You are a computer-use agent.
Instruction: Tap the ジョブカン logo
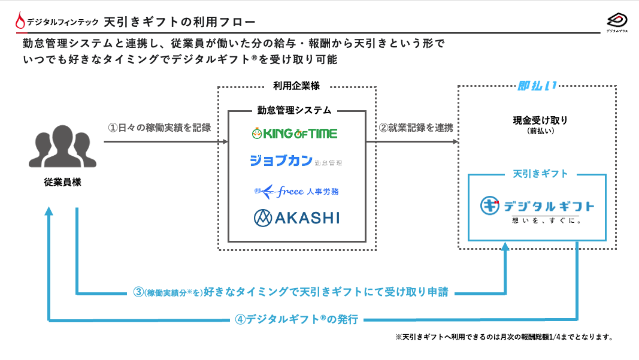296,161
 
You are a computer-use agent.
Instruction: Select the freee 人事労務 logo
296,191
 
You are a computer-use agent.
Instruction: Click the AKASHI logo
296,217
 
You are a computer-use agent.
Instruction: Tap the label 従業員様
62,182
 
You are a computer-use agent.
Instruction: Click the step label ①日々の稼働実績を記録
159,128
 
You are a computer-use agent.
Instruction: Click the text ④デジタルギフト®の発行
297,319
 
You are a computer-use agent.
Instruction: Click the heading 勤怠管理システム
294,110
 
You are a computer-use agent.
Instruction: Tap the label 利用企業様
296,86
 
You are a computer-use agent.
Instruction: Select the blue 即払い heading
537,86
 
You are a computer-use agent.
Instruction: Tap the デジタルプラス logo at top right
616,23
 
